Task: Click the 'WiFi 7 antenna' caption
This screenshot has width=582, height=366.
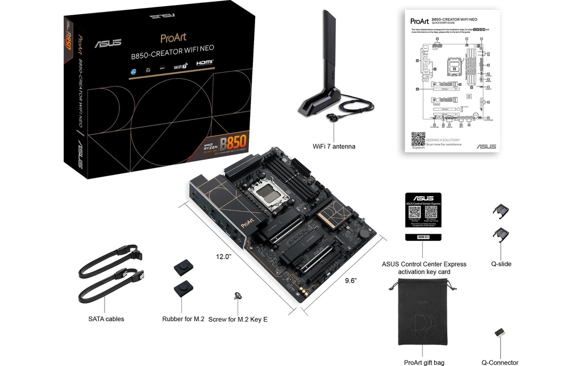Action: (x=334, y=147)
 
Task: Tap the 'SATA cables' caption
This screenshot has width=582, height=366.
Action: (x=106, y=319)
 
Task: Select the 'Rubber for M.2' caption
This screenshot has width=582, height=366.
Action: (x=183, y=319)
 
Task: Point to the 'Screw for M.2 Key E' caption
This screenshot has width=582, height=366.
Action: (x=238, y=319)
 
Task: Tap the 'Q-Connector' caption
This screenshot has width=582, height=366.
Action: (x=500, y=363)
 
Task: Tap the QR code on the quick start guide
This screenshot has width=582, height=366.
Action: (x=418, y=138)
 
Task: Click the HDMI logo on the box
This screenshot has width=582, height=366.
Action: (x=205, y=65)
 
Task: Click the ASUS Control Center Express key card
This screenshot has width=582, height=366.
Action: (x=422, y=216)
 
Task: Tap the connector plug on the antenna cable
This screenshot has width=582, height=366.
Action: (x=331, y=117)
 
